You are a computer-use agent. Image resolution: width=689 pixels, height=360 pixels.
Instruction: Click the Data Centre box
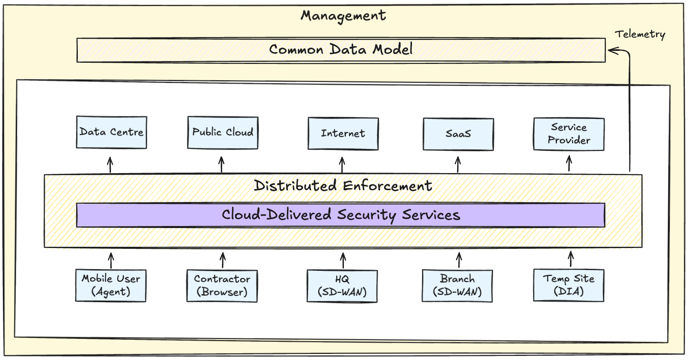click(x=111, y=132)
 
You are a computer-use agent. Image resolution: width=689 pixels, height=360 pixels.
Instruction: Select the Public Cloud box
click(x=222, y=133)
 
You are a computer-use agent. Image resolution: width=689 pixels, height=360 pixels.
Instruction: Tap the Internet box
click(x=343, y=134)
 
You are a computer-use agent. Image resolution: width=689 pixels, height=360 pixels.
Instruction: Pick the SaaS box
click(x=458, y=134)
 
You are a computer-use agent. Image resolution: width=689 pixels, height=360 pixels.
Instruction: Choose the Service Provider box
click(x=569, y=134)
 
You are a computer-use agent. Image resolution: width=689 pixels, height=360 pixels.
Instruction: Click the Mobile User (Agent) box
click(x=111, y=285)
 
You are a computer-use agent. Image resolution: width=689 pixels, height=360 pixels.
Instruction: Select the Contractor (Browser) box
click(x=222, y=285)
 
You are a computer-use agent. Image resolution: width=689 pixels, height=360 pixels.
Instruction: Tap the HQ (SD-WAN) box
click(x=342, y=286)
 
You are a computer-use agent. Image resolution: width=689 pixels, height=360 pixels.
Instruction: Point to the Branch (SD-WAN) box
click(x=457, y=285)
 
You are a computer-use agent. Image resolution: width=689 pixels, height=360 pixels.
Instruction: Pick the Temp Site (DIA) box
click(x=569, y=285)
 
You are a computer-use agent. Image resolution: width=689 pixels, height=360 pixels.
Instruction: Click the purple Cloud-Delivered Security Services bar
click(x=341, y=215)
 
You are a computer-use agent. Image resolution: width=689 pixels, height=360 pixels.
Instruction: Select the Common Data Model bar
click(x=341, y=50)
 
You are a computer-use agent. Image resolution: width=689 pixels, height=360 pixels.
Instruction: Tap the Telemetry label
click(x=640, y=34)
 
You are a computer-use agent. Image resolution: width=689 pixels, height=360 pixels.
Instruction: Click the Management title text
click(x=343, y=15)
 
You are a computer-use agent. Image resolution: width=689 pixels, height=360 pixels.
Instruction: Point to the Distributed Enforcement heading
click(x=343, y=186)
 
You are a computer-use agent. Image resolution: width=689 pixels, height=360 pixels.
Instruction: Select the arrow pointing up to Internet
click(x=342, y=165)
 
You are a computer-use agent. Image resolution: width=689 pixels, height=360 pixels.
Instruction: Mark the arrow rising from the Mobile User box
click(x=111, y=260)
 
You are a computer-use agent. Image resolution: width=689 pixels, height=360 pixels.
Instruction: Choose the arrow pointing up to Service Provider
click(x=569, y=164)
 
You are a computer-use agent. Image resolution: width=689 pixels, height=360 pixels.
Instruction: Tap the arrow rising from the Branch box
click(x=459, y=260)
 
